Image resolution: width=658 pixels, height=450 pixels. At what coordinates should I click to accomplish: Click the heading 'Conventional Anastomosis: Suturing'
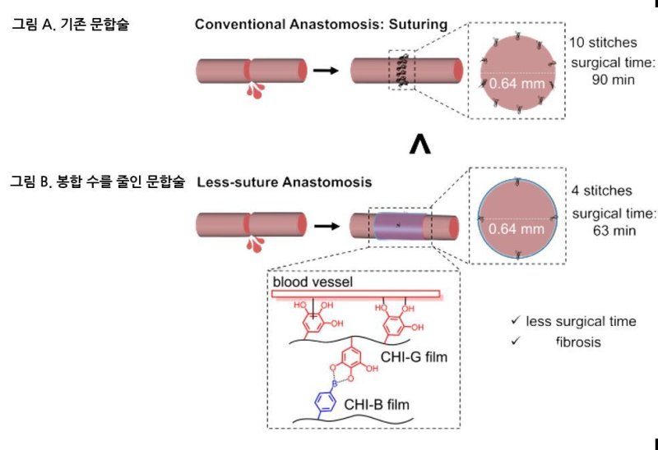(321, 25)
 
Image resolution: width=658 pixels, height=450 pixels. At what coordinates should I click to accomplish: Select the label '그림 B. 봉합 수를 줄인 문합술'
(98, 179)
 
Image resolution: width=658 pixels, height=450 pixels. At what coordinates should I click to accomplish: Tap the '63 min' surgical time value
(614, 230)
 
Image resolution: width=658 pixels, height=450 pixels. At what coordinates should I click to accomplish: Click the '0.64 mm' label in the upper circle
(517, 83)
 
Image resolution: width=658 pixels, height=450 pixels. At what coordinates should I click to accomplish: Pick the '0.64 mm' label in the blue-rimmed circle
(517, 229)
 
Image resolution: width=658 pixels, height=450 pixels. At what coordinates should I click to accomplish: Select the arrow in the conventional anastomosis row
(327, 70)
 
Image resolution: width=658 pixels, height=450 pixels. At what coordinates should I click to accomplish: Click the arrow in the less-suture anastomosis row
(327, 223)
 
